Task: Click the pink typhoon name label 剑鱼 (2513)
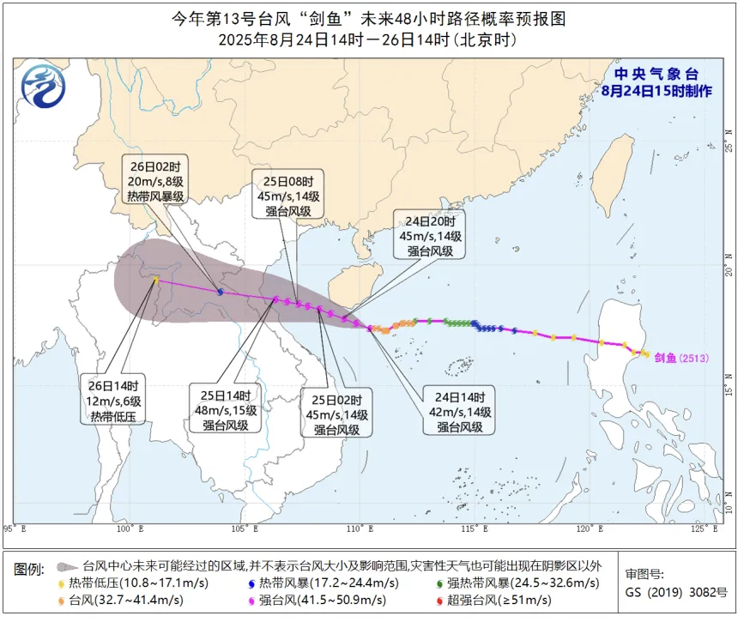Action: point(681,358)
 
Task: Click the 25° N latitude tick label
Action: point(729,134)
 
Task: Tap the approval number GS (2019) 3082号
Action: point(675,592)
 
